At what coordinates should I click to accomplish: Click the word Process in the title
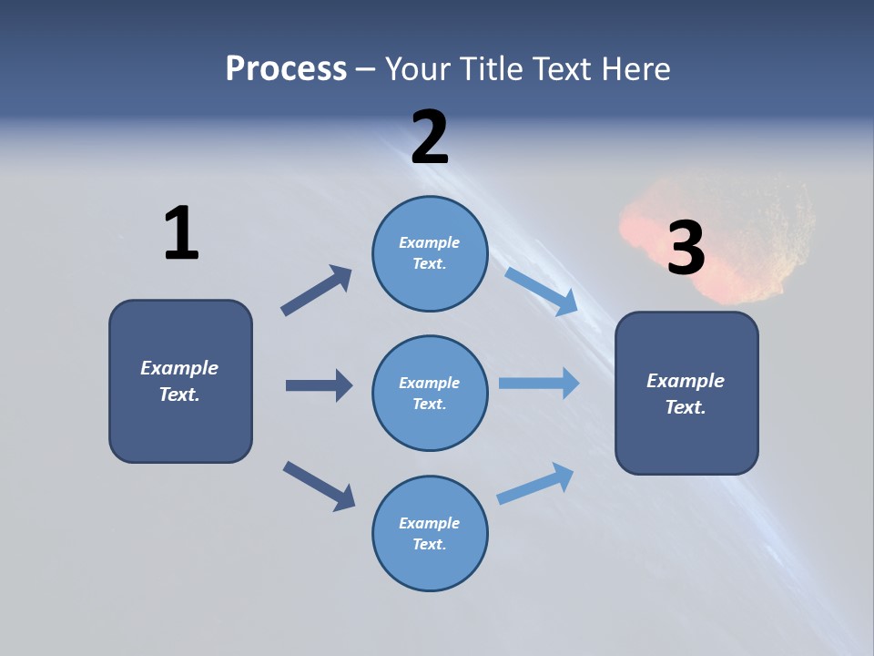(286, 68)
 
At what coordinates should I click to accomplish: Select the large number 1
(181, 234)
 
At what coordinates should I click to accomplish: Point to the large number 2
(430, 138)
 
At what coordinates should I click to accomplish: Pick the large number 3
(686, 248)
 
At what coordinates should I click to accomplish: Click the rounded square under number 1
(180, 381)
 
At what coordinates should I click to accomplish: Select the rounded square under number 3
(686, 393)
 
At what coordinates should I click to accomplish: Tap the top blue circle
(430, 253)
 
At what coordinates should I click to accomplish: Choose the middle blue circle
(430, 393)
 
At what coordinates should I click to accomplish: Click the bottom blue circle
(430, 533)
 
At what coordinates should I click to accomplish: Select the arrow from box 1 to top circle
(317, 291)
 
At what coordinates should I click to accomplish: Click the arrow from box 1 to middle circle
(319, 385)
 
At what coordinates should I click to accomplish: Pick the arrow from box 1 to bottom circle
(319, 485)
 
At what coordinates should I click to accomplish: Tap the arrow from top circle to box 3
(541, 291)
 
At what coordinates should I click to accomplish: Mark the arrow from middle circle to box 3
(539, 383)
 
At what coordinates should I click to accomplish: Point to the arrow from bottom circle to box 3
(535, 483)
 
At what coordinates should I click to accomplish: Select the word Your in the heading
(418, 68)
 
